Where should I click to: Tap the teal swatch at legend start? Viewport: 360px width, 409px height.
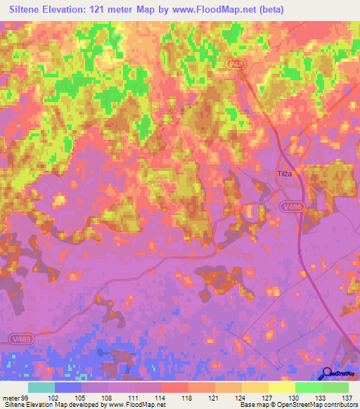pos(41,387)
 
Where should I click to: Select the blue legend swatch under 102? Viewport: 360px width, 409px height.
pos(68,387)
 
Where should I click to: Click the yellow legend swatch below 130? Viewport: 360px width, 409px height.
pos(282,387)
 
